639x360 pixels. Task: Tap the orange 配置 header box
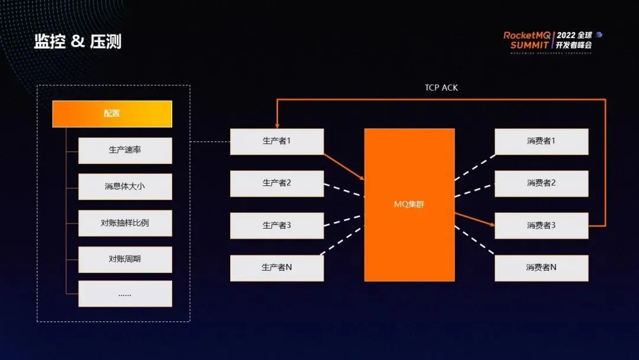pos(112,114)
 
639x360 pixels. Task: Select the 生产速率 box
pos(125,150)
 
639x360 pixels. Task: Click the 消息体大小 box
pos(125,187)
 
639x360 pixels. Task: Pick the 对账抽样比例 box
pos(125,223)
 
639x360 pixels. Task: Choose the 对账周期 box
pos(125,259)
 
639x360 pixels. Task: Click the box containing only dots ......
pos(125,294)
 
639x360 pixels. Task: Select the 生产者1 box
pos(277,142)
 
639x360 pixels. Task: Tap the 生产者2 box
pos(277,184)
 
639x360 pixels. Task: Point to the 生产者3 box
pos(277,226)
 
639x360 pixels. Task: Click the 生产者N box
pos(277,268)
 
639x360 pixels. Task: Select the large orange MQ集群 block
pos(409,205)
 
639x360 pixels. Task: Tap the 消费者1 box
pos(541,142)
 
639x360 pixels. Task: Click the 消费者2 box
pos(541,184)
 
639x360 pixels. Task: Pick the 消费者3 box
pos(541,226)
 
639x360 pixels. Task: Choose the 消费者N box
pos(541,268)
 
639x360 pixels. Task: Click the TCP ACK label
pos(441,88)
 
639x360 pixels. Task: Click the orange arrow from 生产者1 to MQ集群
pos(344,166)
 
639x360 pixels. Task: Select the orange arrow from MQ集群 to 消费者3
pos(475,219)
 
